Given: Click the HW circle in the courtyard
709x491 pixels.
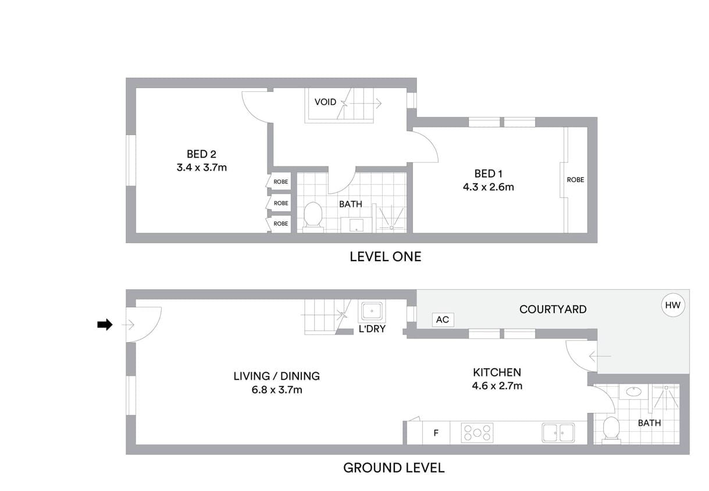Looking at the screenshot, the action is click(672, 305).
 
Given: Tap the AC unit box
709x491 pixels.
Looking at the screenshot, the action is click(443, 320).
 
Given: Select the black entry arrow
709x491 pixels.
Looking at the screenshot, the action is click(105, 325).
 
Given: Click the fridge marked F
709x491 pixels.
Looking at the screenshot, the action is click(436, 433).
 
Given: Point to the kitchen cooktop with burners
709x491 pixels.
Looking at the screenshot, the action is click(477, 433).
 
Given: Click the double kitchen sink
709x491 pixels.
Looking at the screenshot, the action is click(558, 433).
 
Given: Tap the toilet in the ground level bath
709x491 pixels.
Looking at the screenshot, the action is click(611, 429).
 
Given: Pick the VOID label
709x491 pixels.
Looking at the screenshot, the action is click(325, 102).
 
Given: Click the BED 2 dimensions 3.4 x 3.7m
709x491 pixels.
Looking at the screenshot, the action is click(202, 168).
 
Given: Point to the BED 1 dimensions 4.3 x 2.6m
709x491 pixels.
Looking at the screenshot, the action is click(489, 187).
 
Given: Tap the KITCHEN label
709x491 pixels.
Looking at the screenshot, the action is click(497, 372).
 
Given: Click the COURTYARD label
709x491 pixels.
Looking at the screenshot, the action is click(553, 309).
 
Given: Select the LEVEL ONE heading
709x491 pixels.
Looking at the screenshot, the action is click(386, 257).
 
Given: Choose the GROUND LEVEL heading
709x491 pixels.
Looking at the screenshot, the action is click(394, 468).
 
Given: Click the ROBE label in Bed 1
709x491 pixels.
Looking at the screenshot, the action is click(575, 180).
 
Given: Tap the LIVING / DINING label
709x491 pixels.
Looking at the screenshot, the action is click(277, 376).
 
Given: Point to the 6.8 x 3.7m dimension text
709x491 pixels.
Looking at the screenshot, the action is click(277, 390).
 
